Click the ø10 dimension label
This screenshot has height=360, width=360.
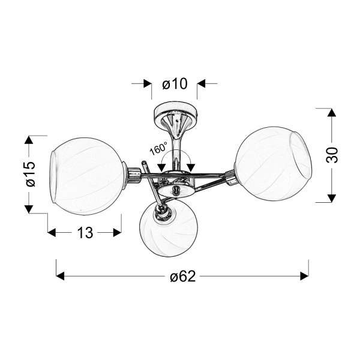point(175,83)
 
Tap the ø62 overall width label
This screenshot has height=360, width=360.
point(183,276)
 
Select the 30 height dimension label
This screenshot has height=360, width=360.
point(332,155)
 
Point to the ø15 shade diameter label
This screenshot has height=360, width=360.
point(31,174)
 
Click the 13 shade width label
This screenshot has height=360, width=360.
point(85,233)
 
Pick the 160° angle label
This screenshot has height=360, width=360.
point(158,148)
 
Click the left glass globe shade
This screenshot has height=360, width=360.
point(87,176)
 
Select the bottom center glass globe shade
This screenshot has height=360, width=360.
point(168,229)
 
